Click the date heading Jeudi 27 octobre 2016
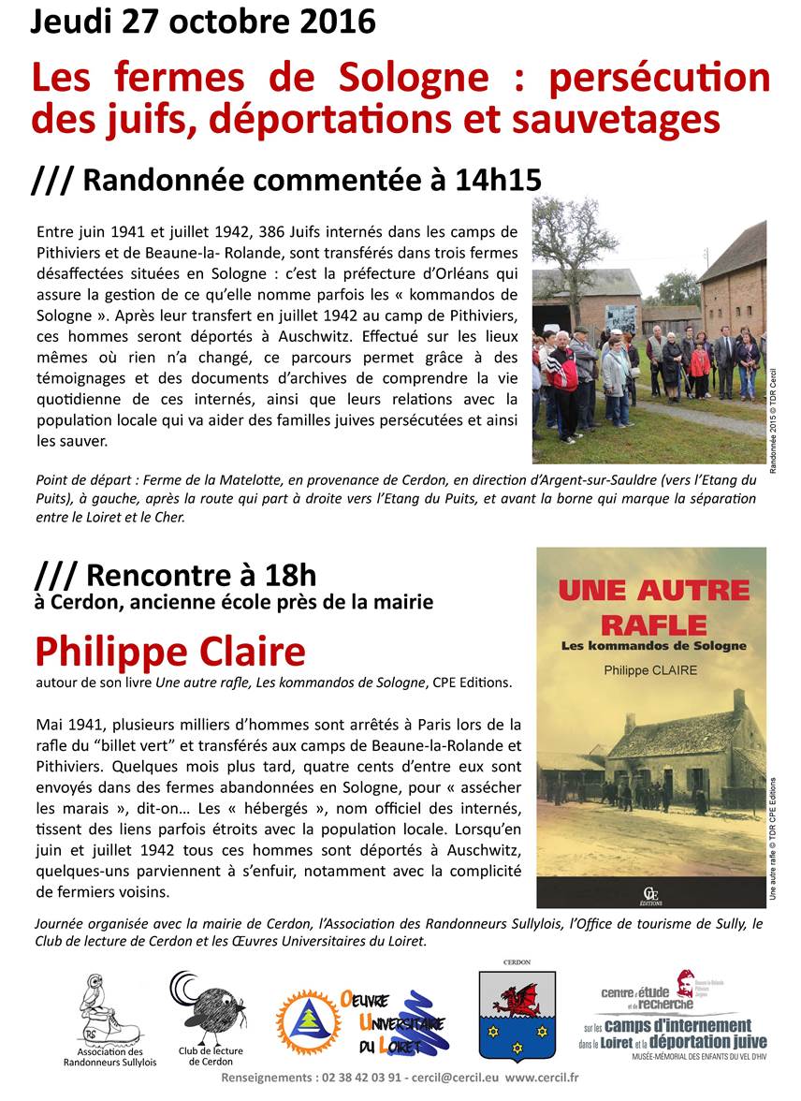pyautogui.click(x=203, y=21)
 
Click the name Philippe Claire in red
pyautogui.click(x=170, y=652)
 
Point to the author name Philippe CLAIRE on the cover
pyautogui.click(x=652, y=670)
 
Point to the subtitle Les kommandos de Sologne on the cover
pyautogui.click(x=653, y=646)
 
